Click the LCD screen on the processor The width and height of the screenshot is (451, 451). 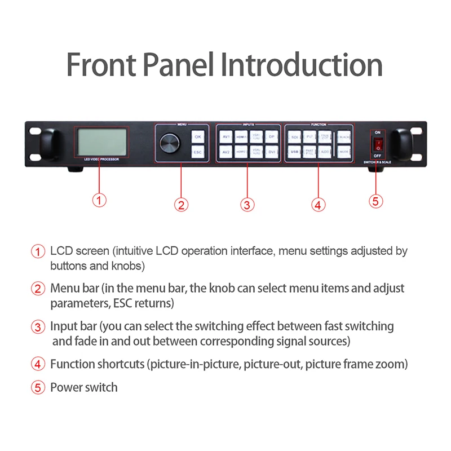(102, 142)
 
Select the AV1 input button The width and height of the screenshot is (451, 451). (225, 136)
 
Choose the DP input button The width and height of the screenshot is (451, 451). (271, 136)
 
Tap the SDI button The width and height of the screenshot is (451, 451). (295, 136)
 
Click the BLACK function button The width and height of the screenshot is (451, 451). (343, 136)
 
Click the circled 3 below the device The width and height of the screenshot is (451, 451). (247, 204)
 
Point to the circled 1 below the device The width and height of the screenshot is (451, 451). (99, 200)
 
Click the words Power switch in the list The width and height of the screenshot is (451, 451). (84, 387)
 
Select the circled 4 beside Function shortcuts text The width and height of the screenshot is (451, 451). (38, 364)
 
